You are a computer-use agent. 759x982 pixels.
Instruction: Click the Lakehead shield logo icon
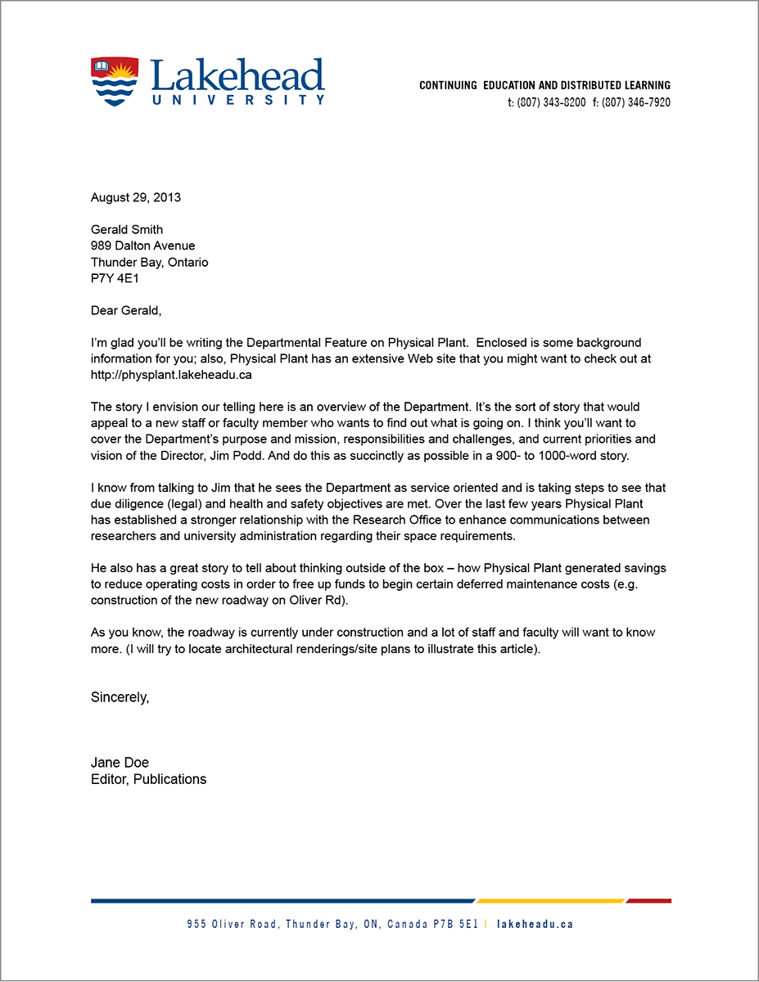(113, 81)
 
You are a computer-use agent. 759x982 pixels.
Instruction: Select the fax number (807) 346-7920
(636, 102)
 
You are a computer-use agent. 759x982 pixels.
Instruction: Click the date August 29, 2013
(136, 197)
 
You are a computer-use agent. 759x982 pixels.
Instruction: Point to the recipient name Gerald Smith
(127, 230)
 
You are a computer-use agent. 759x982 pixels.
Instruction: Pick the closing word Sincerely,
(120, 698)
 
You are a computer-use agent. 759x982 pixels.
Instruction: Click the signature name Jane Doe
(120, 763)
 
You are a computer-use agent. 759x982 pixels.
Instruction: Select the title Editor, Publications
(148, 779)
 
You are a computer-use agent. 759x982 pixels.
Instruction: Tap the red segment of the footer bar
(648, 901)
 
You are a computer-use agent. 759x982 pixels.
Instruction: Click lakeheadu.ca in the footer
(535, 925)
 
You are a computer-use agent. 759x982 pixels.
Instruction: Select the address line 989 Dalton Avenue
(142, 246)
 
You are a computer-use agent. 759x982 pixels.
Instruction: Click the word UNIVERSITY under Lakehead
(237, 100)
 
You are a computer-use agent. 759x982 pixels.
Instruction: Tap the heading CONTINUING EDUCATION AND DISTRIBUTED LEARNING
(544, 85)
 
